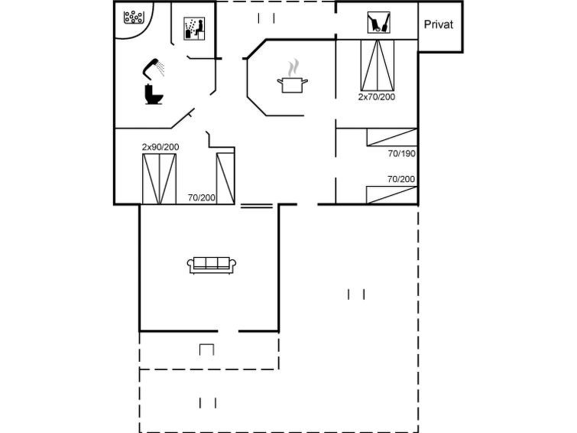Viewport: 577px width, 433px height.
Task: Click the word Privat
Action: coord(438,24)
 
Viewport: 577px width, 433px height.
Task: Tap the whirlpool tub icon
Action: coord(133,18)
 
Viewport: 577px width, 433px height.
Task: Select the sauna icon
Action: coord(194,28)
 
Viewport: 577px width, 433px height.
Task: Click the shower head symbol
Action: coord(154,69)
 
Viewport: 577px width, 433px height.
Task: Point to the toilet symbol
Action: coord(154,94)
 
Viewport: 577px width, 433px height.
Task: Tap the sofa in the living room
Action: coord(212,265)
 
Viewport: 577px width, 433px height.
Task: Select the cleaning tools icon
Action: coord(378,22)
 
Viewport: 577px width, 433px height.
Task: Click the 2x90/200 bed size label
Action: coord(160,147)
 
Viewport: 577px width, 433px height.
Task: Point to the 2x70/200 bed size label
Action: coord(377,96)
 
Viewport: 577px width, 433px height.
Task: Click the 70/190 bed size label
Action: coord(401,153)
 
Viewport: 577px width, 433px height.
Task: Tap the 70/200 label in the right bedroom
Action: coord(401,179)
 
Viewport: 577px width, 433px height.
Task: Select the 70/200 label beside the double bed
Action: coord(201,197)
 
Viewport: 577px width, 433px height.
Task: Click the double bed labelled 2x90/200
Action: coord(159,179)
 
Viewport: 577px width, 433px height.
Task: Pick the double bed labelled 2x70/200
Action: coord(378,65)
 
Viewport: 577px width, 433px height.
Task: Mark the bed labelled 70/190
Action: coord(392,137)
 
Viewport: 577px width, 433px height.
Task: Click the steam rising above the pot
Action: coord(293,68)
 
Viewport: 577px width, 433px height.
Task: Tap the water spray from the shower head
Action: coord(160,69)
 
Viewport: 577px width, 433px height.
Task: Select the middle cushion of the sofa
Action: coord(212,262)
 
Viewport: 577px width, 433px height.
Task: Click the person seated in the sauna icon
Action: coord(199,29)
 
